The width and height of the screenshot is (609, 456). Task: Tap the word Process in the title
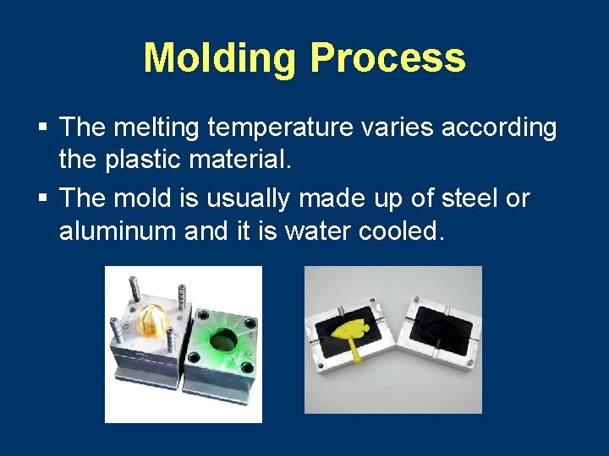(x=387, y=58)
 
